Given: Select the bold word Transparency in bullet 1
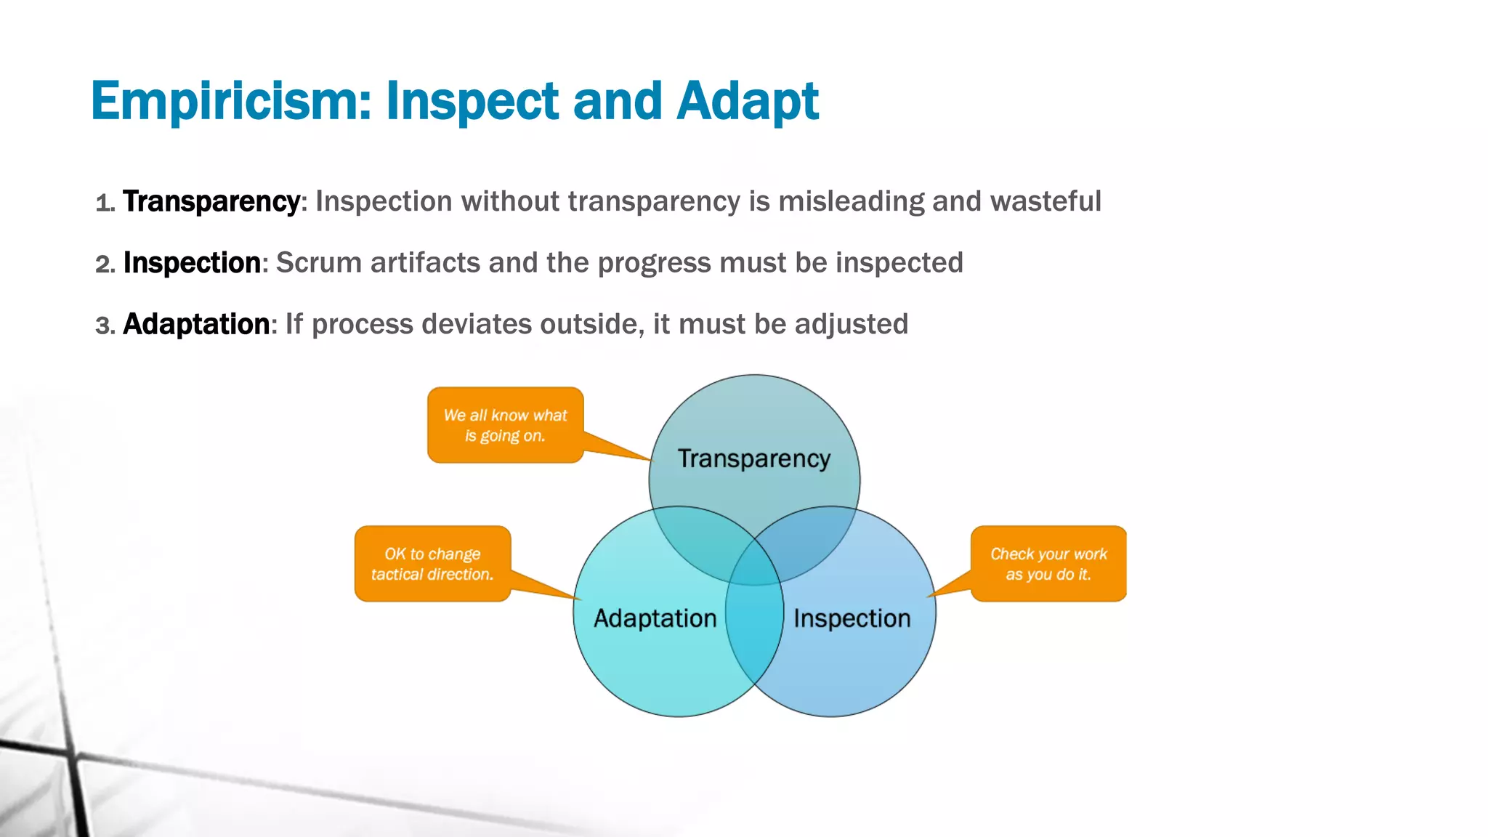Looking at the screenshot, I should click(x=211, y=201).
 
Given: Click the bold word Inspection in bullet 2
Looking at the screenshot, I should click(x=192, y=263).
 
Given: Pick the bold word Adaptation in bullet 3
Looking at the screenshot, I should click(x=196, y=324).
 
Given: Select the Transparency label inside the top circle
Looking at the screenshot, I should click(x=753, y=458).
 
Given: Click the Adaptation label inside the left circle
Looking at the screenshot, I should click(x=655, y=618).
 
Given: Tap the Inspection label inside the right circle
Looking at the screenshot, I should click(x=852, y=618).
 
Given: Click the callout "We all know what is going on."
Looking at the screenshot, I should click(x=505, y=425).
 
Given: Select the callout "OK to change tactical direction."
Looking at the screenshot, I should click(x=432, y=564).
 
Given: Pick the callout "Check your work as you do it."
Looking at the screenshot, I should click(x=1048, y=564).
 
